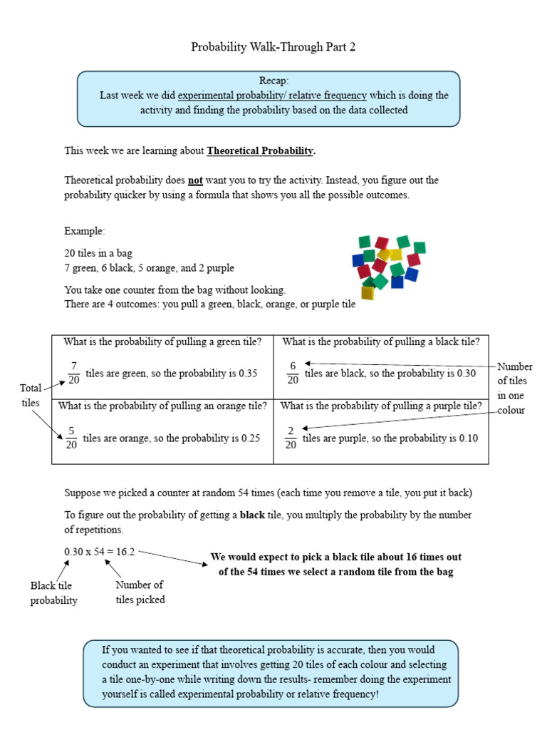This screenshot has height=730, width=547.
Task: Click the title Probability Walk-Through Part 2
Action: [x=273, y=47]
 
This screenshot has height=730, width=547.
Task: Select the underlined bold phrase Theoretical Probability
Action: [x=260, y=150]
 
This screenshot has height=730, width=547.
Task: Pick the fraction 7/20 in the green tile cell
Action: [x=73, y=373]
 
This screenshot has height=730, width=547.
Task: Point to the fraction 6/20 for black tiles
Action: [x=292, y=373]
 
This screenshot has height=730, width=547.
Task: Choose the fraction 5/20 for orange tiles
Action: [x=71, y=438]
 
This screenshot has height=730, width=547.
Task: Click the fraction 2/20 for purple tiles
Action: [x=290, y=438]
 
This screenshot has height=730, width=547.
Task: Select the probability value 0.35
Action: [x=244, y=374]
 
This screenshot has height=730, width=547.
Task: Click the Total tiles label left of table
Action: [x=31, y=396]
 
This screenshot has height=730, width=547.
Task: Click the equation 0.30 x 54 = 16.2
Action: [x=100, y=552]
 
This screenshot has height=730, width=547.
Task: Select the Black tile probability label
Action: [x=53, y=593]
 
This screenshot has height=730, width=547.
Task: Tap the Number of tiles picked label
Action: [x=140, y=592]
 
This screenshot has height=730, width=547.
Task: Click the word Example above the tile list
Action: [x=85, y=232]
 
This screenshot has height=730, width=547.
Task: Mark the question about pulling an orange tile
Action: [x=162, y=406]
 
